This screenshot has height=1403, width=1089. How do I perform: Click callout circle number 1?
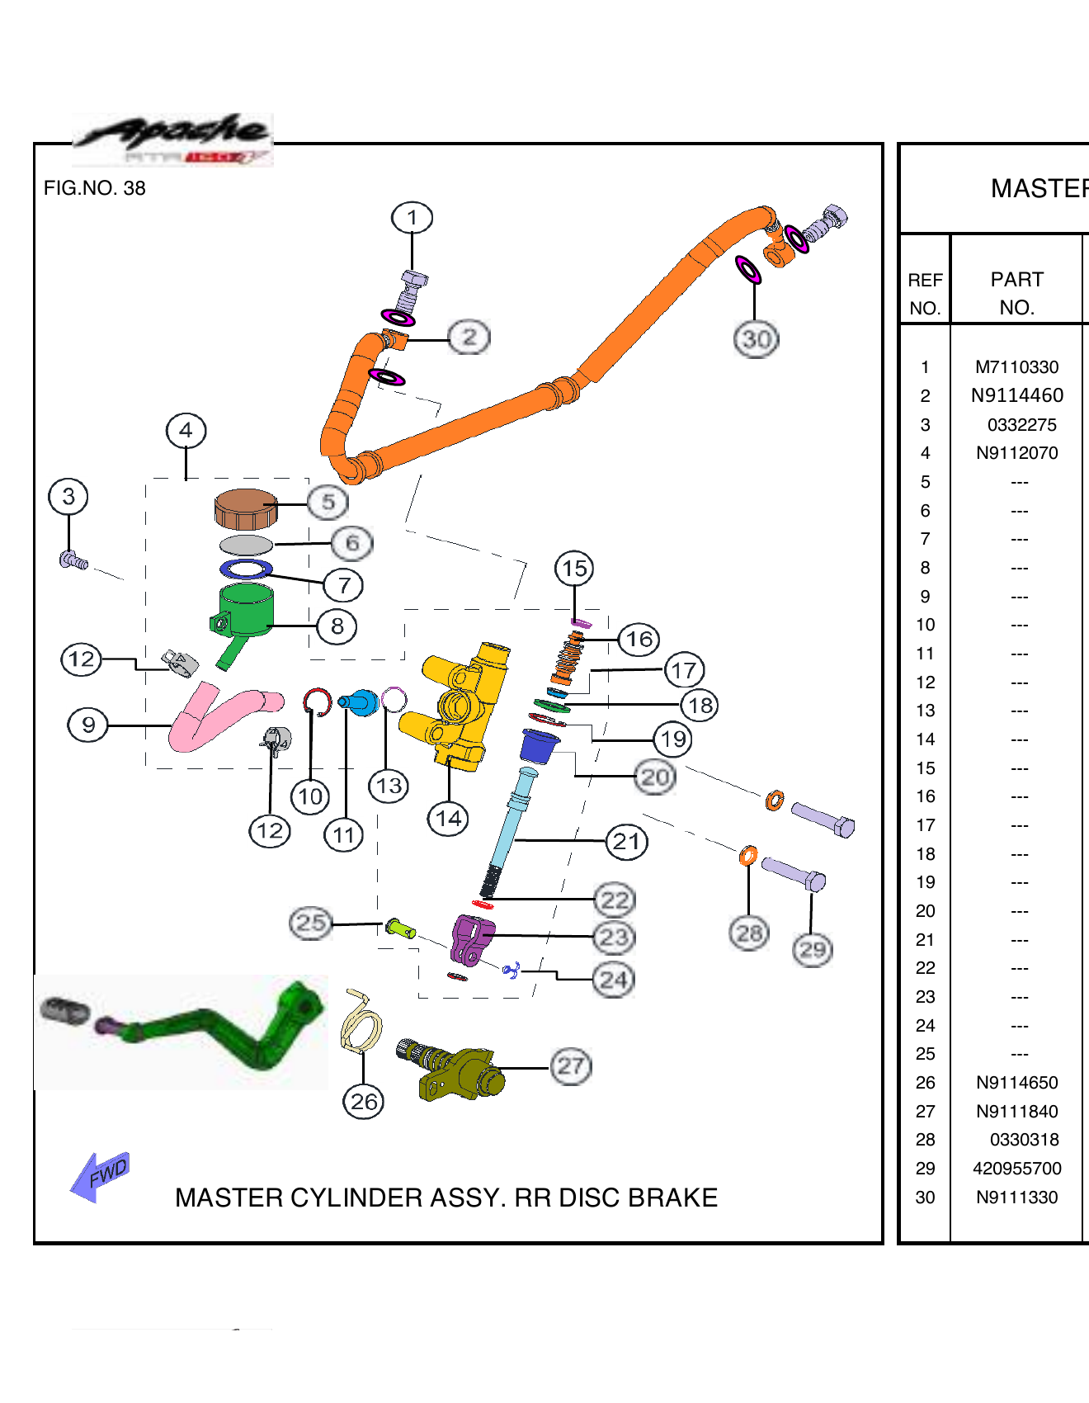point(412,218)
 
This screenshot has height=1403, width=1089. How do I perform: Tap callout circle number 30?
point(756,339)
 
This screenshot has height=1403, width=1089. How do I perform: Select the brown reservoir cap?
point(245,508)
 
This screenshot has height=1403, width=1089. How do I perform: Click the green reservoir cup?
point(246,611)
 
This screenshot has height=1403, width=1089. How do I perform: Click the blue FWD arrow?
point(100,1175)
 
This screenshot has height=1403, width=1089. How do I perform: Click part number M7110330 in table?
point(1016,367)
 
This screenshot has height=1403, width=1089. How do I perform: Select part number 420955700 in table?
point(1016,1169)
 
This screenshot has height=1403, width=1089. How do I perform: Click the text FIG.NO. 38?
point(94,188)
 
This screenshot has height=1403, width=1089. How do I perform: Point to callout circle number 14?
point(448,819)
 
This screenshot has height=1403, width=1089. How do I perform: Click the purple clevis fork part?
point(471,939)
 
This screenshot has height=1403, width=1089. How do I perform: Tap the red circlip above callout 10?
point(317,701)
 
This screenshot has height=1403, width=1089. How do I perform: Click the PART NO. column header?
point(1016,293)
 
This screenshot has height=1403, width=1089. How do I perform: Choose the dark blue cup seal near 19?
point(539,745)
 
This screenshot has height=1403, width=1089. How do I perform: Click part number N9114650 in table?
point(1016,1083)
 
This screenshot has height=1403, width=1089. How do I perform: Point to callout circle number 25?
point(310,923)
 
